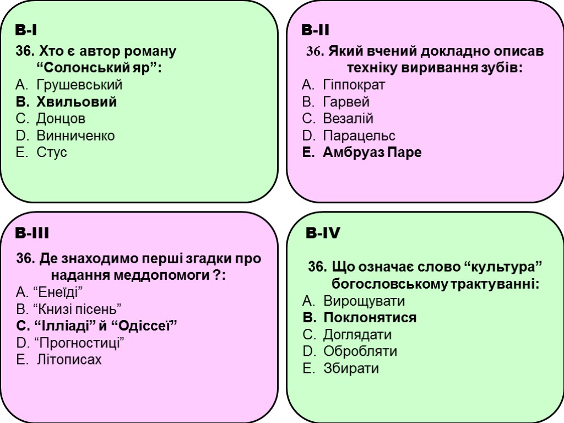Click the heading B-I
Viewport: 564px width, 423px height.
pos(26,30)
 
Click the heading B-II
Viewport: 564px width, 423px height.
pos(316,30)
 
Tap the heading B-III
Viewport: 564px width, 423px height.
pos(32,234)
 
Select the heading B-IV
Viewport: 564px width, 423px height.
pos(323,234)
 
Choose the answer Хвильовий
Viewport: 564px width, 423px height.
pos(77,102)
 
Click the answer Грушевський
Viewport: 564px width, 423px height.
pos(79,85)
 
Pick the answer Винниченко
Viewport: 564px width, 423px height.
pos(75,135)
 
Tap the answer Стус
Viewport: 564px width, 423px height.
pos(52,152)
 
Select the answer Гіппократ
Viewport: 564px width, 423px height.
pos(354,85)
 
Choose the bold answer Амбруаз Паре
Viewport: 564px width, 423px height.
pos(372,152)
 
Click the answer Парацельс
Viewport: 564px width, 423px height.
pos(359,135)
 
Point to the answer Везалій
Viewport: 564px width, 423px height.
pos(348,118)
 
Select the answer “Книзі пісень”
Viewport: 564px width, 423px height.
pos(78,308)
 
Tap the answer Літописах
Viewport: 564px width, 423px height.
pos(69,360)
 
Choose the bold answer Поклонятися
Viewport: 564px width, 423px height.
pos(370,318)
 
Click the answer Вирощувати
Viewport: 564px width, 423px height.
pos(364,301)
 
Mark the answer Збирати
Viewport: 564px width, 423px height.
pos(351,368)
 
